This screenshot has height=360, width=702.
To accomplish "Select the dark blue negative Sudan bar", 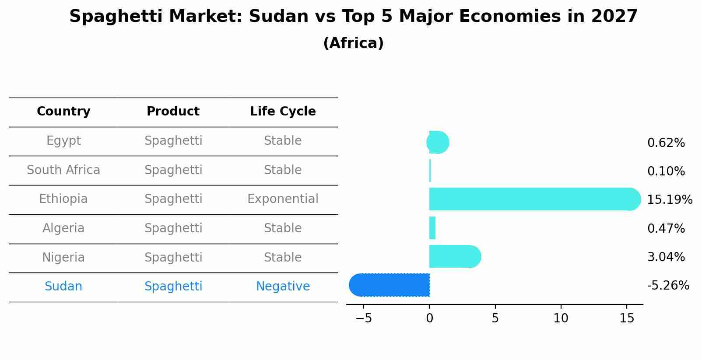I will pos(390,285).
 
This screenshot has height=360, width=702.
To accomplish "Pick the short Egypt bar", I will pos(438,142).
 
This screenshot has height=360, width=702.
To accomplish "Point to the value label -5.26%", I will pos(668,286).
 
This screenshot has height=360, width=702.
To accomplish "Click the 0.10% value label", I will pos(666,171).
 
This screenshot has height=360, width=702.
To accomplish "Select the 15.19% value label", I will pos(670,200).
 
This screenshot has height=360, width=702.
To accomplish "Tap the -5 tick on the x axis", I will pos(364,318).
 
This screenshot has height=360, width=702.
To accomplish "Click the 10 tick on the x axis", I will pos(561,318).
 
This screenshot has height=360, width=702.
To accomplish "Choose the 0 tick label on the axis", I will pos(429,318).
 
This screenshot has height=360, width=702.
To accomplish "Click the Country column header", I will pos(63,112).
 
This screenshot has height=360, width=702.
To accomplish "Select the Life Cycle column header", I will pos(283,112).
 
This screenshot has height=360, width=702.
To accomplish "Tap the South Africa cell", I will pos(63,170).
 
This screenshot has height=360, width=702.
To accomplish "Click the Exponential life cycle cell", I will pos(283,199).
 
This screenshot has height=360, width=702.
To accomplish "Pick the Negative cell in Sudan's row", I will pos(283,287).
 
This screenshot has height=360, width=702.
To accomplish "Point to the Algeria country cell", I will pos(63,228).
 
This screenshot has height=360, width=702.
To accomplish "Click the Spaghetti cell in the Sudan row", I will pos(173,287).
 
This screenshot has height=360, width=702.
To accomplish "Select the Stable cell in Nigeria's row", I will pos(283,258).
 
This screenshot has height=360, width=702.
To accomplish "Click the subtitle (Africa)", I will pos(353,43).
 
